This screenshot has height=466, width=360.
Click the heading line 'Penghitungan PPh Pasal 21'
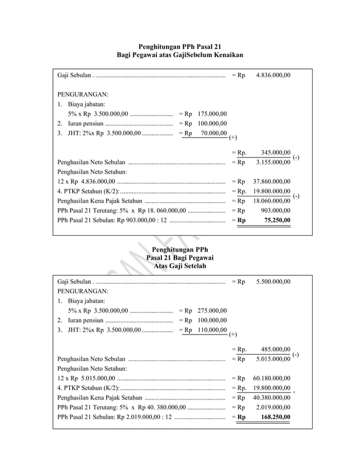click(180, 45)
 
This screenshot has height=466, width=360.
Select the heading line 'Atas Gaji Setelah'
click(180, 266)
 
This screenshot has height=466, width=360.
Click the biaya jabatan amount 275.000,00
click(213, 310)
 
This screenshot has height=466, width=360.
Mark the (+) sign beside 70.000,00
click(233, 137)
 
